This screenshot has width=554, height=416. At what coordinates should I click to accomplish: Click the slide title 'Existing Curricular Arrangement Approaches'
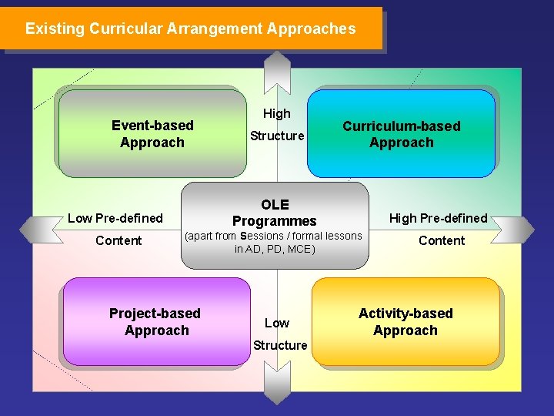(190, 29)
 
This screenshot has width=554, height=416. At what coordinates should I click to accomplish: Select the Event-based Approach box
(152, 133)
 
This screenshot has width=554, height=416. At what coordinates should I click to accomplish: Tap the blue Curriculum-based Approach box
(401, 134)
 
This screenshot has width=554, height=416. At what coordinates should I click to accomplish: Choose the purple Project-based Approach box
(156, 322)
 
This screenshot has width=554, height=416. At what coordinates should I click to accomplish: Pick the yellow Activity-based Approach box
(405, 322)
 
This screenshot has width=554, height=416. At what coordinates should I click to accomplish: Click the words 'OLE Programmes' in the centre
(275, 213)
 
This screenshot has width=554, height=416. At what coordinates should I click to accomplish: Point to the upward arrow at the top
(276, 69)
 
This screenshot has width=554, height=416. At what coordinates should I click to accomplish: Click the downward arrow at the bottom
(276, 385)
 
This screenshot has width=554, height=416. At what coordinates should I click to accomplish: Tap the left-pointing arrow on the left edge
(35, 229)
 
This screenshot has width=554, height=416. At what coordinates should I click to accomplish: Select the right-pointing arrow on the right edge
(517, 229)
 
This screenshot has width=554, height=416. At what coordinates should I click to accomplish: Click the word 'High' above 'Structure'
(277, 113)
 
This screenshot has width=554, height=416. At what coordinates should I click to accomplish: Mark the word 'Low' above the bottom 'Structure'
(277, 323)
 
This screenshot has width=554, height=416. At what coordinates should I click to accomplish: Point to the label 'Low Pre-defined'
(115, 218)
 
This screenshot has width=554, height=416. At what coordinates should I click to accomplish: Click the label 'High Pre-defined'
(438, 218)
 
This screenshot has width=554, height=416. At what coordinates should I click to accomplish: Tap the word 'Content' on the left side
(118, 240)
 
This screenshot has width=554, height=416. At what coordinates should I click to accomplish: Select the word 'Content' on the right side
(442, 240)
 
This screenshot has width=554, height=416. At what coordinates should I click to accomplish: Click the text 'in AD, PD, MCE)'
(275, 249)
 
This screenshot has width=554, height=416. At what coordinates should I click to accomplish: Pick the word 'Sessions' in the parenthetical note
(262, 236)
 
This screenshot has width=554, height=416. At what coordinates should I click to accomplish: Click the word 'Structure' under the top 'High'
(277, 136)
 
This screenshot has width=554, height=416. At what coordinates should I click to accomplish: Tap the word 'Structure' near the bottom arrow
(280, 345)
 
